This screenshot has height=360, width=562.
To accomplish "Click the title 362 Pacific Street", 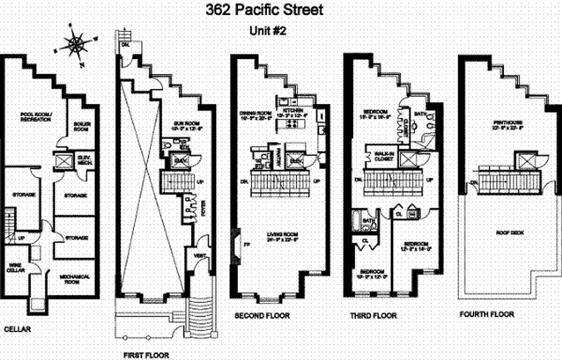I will (x=264, y=10).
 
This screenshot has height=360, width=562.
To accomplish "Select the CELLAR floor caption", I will (x=18, y=329).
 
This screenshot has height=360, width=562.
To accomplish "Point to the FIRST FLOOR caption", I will (x=146, y=355).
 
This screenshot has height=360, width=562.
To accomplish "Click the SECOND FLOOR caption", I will (x=262, y=316).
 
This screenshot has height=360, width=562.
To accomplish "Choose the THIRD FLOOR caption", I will (x=373, y=316).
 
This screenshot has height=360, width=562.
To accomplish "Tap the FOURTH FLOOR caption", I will (x=486, y=314).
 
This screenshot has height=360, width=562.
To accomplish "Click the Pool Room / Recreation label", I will (x=36, y=117).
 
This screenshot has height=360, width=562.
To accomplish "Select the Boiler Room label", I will (x=82, y=126).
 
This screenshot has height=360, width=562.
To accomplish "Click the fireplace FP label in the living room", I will (x=246, y=245).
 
